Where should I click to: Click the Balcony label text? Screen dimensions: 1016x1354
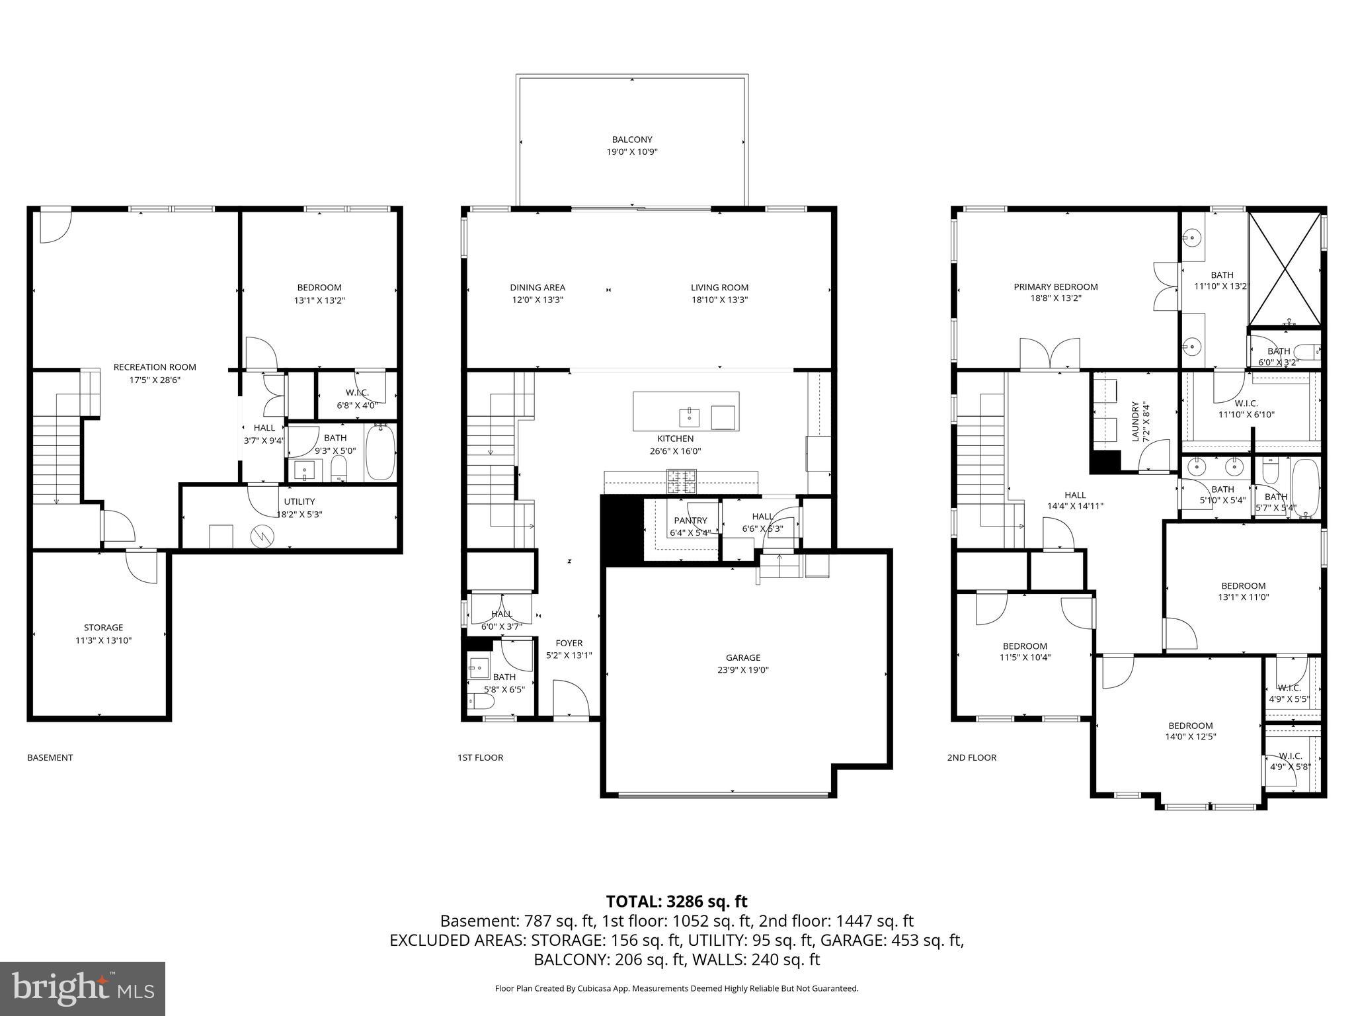click(631, 140)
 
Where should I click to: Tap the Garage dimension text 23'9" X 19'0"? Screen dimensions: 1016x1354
click(742, 670)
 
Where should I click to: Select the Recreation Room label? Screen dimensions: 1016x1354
click(155, 367)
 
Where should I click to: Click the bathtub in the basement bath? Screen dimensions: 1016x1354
click(379, 452)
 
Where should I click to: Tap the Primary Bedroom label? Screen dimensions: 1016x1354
click(1055, 286)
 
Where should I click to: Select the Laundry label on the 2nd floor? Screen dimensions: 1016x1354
click(1135, 421)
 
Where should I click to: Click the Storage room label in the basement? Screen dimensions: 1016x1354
click(103, 628)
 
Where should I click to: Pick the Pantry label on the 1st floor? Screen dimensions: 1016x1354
click(690, 521)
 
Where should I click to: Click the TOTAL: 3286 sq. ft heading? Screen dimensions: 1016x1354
click(676, 901)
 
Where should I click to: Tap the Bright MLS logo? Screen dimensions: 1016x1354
click(83, 988)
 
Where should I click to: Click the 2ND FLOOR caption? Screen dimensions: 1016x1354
click(971, 757)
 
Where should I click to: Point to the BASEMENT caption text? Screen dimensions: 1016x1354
click(50, 757)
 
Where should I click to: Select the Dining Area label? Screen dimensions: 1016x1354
click(537, 287)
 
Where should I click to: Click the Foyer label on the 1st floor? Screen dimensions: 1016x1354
click(569, 643)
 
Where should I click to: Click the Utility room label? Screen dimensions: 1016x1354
click(299, 501)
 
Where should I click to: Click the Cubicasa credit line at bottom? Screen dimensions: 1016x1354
click(676, 988)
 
